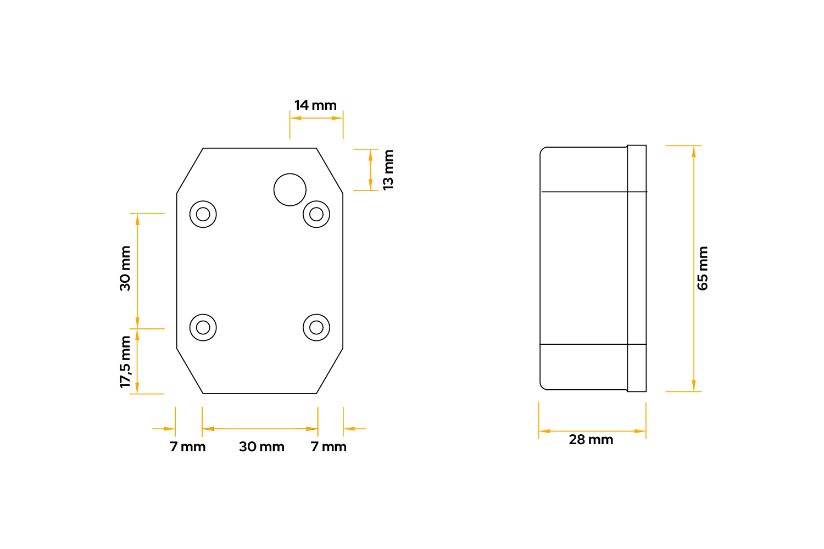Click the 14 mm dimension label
(315, 105)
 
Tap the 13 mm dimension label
(388, 170)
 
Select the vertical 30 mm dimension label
(125, 268)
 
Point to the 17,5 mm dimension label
(125, 362)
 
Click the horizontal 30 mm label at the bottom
(261, 447)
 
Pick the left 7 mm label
(188, 447)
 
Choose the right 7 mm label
(329, 447)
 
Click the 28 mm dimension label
(591, 440)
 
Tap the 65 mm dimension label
(703, 268)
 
